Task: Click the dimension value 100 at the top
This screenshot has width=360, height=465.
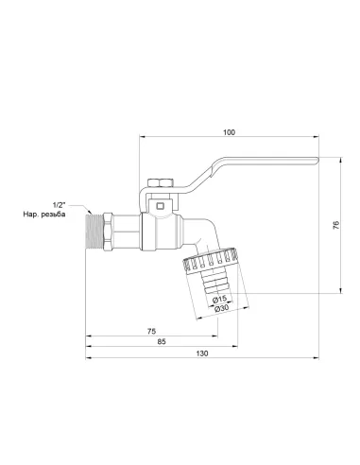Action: (x=228, y=131)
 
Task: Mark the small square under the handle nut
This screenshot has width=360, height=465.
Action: (x=162, y=202)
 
